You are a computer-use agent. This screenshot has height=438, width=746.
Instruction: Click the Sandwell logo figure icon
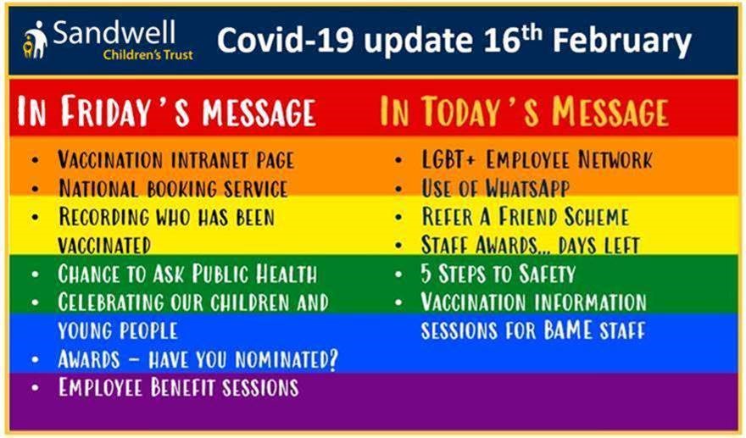point(36,40)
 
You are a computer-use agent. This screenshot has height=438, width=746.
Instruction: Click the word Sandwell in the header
point(114,33)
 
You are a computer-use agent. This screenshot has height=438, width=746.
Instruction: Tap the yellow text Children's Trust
point(148,55)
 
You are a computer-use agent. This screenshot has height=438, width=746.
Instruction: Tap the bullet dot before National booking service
point(36,189)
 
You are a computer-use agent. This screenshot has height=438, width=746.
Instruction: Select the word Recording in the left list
point(103,217)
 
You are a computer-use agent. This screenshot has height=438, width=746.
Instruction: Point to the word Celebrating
point(110,302)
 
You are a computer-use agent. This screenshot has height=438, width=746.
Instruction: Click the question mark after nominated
point(332,359)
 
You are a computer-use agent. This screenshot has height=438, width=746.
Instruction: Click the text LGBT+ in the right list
point(448,160)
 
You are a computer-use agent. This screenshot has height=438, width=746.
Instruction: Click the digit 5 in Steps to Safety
point(426,274)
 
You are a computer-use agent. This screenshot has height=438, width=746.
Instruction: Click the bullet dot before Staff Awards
point(398,246)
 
